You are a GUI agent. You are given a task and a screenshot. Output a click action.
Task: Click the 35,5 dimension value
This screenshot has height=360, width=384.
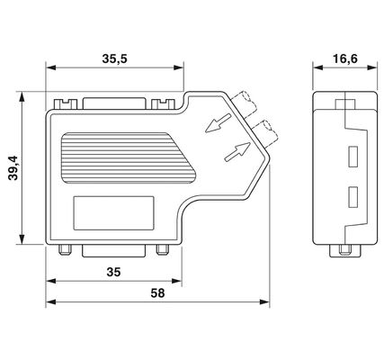tap(114, 58)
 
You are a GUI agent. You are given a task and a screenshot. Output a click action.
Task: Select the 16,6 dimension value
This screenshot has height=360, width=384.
tap(345, 58)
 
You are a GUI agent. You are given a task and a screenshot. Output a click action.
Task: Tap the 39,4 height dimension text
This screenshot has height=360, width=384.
tap(13, 168)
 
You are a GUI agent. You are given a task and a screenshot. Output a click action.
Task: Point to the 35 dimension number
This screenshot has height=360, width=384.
tap(113, 272)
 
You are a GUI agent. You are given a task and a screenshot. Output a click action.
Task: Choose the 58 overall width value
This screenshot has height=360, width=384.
tap(157, 293)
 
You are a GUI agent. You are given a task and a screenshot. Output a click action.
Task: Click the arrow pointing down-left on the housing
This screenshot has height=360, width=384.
tap(218, 123)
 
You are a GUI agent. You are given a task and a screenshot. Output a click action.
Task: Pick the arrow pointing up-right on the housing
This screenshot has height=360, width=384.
tap(237, 152)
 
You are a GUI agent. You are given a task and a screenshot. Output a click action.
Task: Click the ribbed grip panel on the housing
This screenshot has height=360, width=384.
tap(129, 157)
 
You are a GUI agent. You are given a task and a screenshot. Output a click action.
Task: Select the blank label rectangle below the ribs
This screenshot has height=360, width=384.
tap(114, 213)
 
